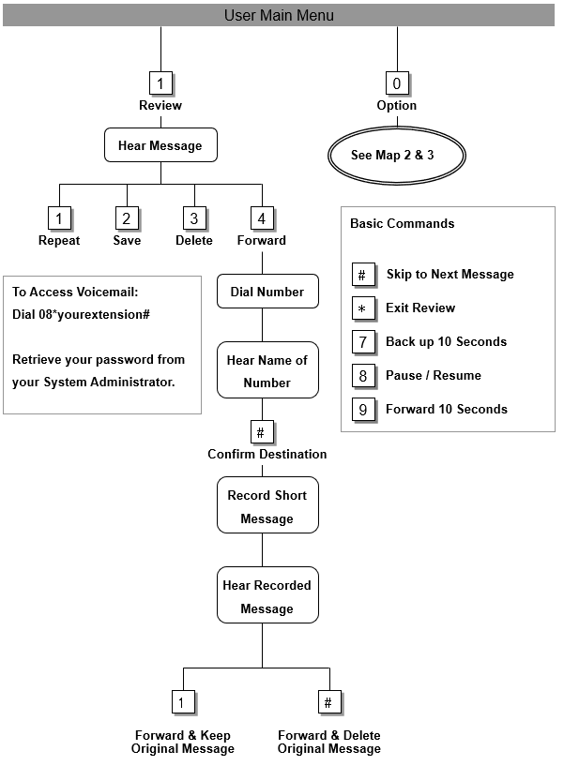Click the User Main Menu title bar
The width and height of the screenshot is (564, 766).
(x=280, y=15)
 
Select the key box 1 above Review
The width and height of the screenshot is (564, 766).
(x=160, y=83)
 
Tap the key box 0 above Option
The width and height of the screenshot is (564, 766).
(x=396, y=83)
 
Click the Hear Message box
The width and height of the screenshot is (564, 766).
(x=160, y=145)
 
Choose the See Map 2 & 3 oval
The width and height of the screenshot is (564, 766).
(x=396, y=155)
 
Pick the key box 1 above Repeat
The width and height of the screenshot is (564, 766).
(x=59, y=218)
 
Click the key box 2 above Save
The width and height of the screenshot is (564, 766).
(x=127, y=218)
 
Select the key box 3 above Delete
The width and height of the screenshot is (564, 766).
(x=194, y=218)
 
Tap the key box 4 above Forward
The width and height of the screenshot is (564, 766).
(x=262, y=218)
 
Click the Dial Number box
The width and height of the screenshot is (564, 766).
(x=267, y=292)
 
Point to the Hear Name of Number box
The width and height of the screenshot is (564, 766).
(x=267, y=371)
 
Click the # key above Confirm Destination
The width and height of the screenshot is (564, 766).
(x=262, y=432)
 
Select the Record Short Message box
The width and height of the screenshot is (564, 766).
(x=267, y=506)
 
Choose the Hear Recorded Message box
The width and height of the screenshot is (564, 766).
(x=267, y=596)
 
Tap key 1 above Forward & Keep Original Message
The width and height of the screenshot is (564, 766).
(x=183, y=702)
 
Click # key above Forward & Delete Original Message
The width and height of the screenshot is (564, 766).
(x=328, y=702)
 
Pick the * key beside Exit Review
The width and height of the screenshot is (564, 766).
(x=363, y=308)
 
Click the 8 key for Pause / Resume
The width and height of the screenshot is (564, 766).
(x=363, y=376)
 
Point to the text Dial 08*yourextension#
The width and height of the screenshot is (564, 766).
(x=82, y=314)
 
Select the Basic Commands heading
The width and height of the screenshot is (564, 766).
(x=402, y=223)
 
